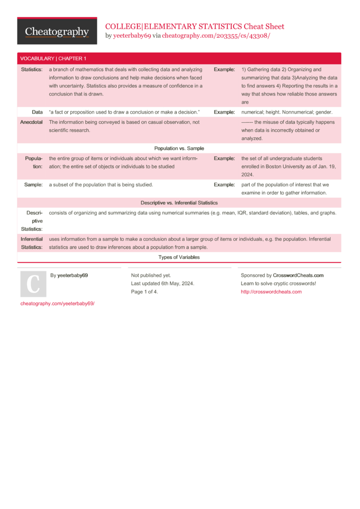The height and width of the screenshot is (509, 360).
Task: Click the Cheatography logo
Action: (x=57, y=32)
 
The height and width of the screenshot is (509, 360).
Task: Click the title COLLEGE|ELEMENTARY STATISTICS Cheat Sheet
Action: (x=194, y=26)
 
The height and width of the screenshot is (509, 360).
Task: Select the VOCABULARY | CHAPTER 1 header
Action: (x=53, y=59)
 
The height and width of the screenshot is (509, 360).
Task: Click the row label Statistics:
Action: (x=32, y=70)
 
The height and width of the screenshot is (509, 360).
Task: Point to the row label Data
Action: (x=37, y=112)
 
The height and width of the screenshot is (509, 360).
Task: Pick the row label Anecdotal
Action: (x=31, y=122)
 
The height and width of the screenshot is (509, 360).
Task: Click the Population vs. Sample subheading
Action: (x=179, y=148)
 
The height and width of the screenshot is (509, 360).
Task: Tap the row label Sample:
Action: (x=33, y=184)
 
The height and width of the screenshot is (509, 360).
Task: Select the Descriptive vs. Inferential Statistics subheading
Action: (x=179, y=202)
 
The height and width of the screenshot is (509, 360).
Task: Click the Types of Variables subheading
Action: (x=179, y=257)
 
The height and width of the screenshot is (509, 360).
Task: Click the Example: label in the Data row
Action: (x=224, y=112)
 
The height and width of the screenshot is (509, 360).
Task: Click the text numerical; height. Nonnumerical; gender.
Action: (x=287, y=112)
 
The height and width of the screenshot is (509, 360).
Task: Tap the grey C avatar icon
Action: (x=33, y=284)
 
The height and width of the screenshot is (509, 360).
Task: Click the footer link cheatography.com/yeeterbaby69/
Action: (x=58, y=304)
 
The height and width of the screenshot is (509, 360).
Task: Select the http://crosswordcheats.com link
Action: (x=271, y=292)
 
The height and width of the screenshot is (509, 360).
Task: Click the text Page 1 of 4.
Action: (x=144, y=292)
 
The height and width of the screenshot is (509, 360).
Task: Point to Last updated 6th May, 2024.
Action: (x=163, y=284)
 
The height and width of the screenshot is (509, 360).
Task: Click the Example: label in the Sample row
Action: (x=224, y=184)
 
